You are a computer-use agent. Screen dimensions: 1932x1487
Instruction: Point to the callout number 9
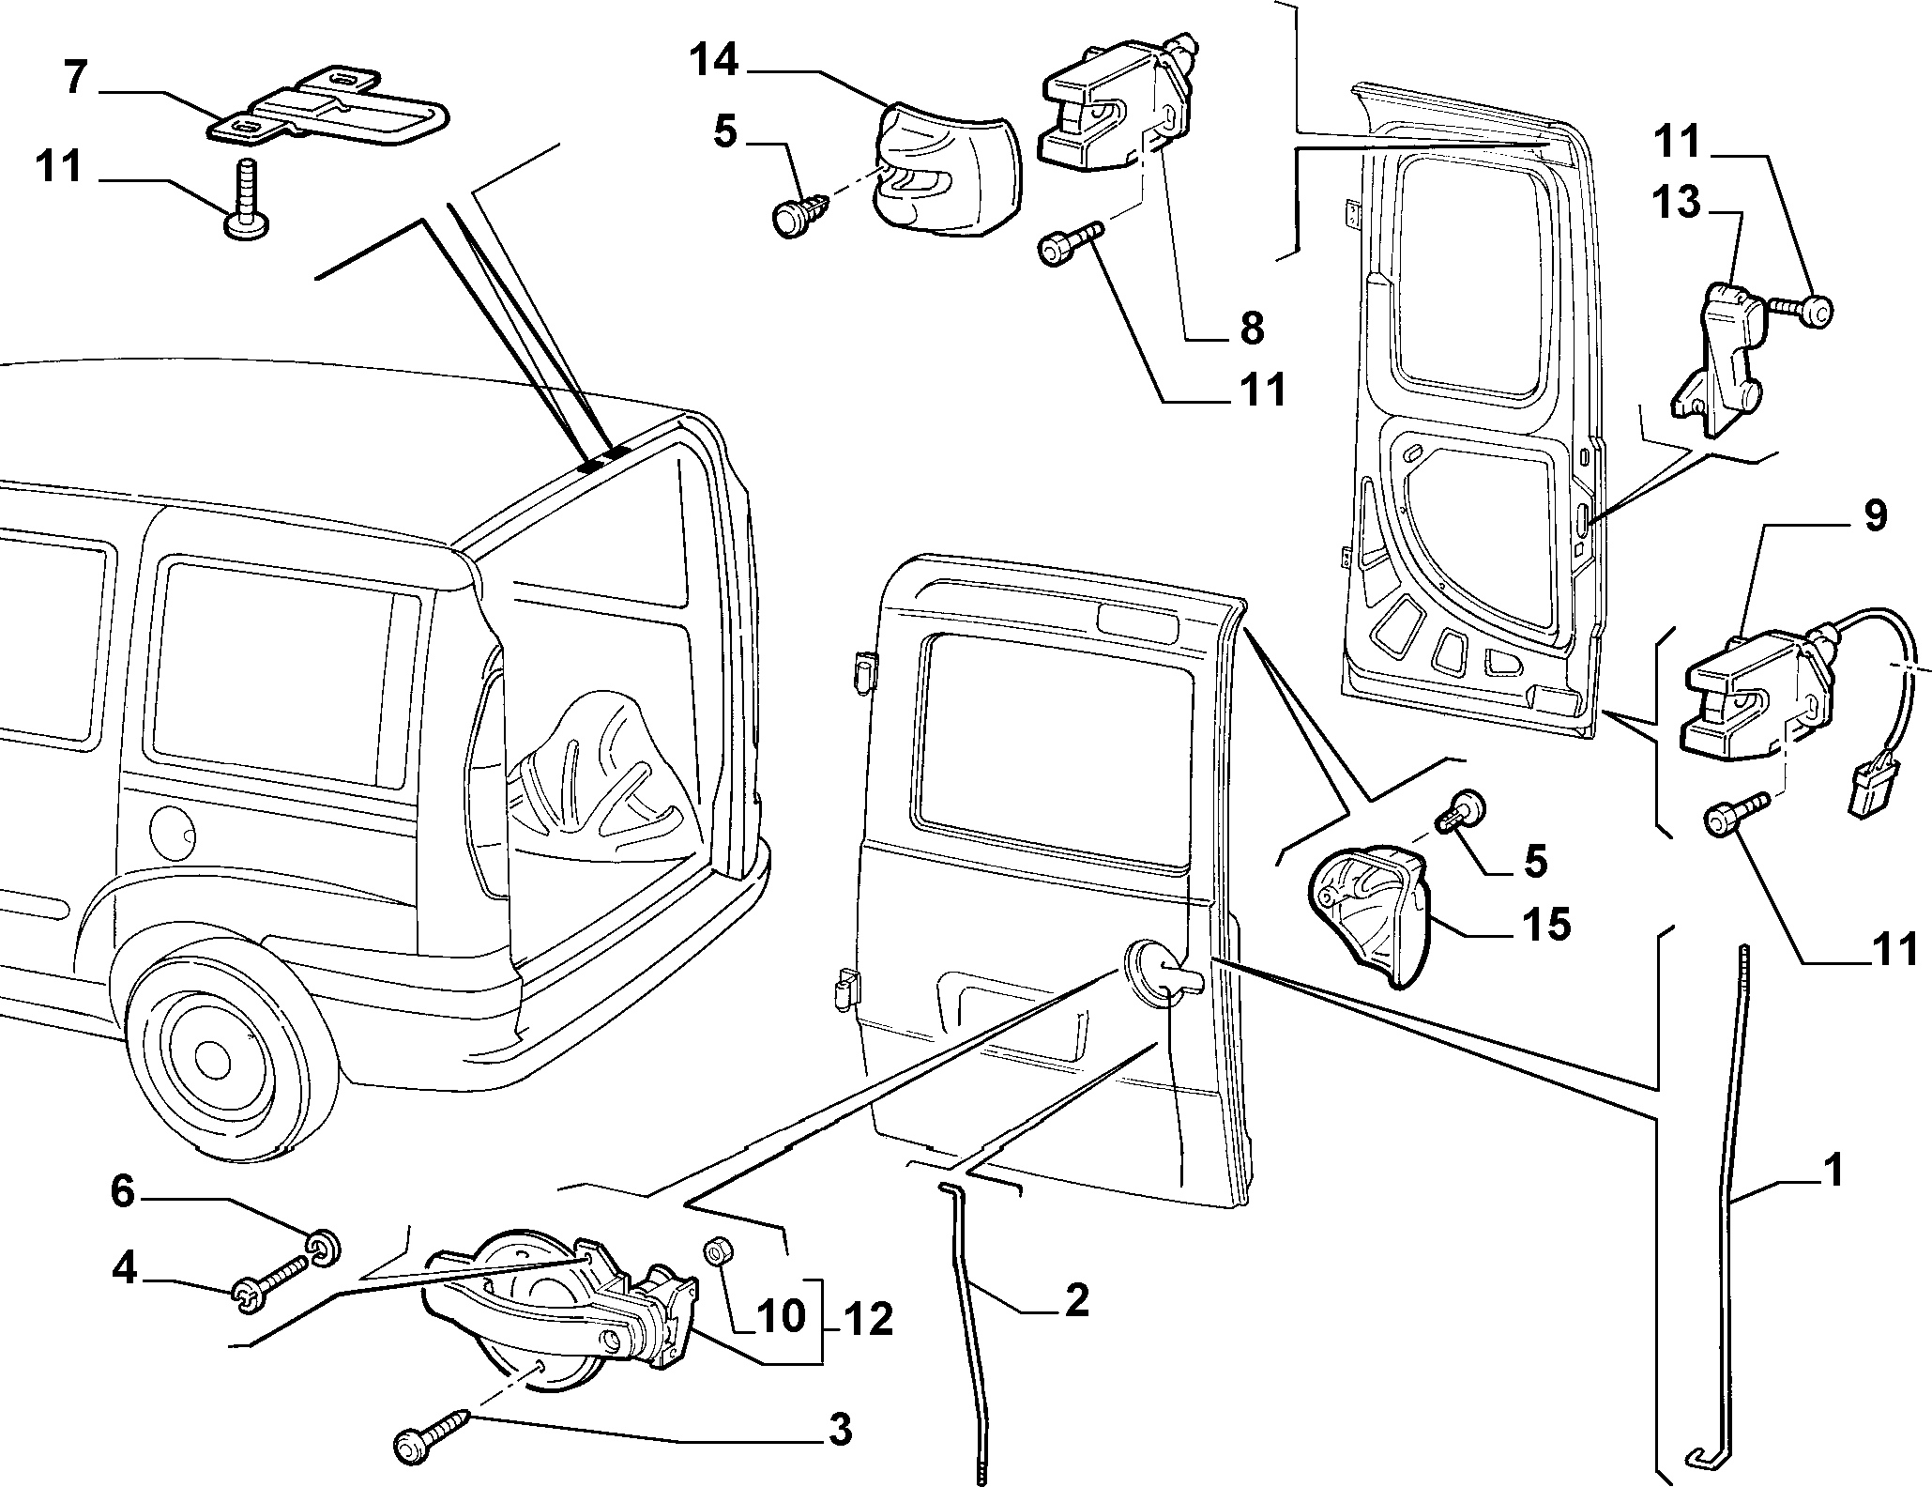[x=1875, y=517]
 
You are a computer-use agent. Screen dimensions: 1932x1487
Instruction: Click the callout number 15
[x=1544, y=923]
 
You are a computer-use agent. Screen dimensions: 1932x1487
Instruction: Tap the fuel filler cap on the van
[x=175, y=827]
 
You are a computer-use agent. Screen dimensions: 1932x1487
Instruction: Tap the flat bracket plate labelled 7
[x=327, y=107]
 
